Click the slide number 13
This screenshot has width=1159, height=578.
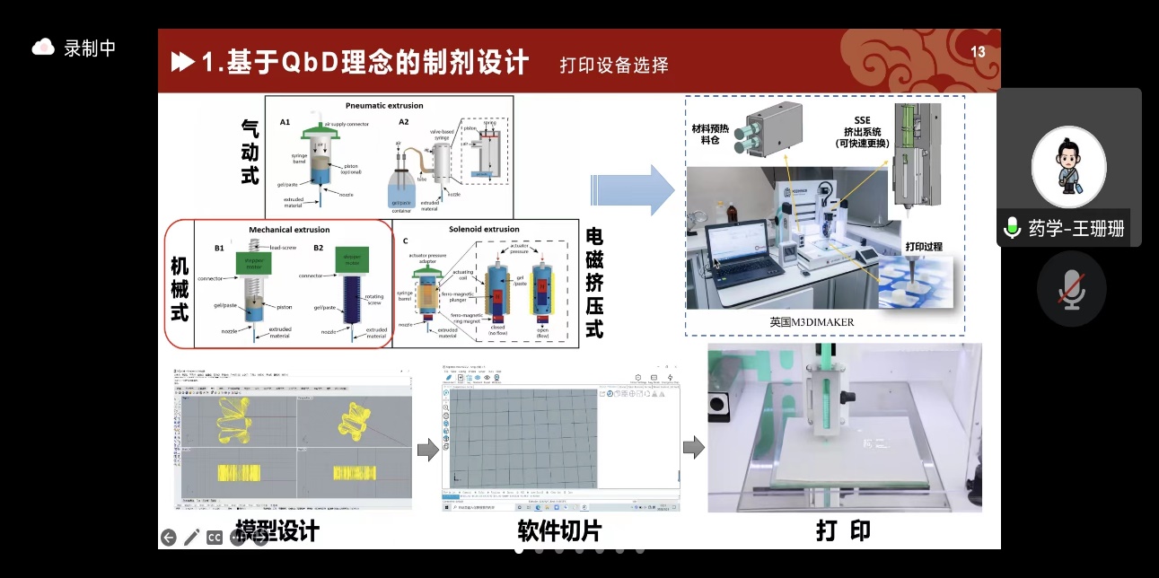click(978, 52)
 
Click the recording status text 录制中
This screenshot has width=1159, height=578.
click(90, 48)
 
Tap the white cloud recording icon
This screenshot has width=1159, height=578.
click(43, 47)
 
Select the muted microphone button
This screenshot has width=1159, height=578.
click(1071, 294)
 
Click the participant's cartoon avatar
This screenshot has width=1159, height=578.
click(1068, 167)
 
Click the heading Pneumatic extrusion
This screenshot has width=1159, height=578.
click(384, 106)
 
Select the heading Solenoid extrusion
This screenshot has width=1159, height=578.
click(484, 230)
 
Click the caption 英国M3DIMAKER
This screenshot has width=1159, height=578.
click(812, 322)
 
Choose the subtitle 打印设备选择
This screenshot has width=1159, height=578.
click(614, 65)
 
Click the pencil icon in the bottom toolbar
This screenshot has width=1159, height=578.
click(192, 538)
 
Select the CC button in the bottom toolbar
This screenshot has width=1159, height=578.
click(215, 538)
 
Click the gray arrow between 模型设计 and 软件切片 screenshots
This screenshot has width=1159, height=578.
click(428, 450)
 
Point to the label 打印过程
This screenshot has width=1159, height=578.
click(924, 247)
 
